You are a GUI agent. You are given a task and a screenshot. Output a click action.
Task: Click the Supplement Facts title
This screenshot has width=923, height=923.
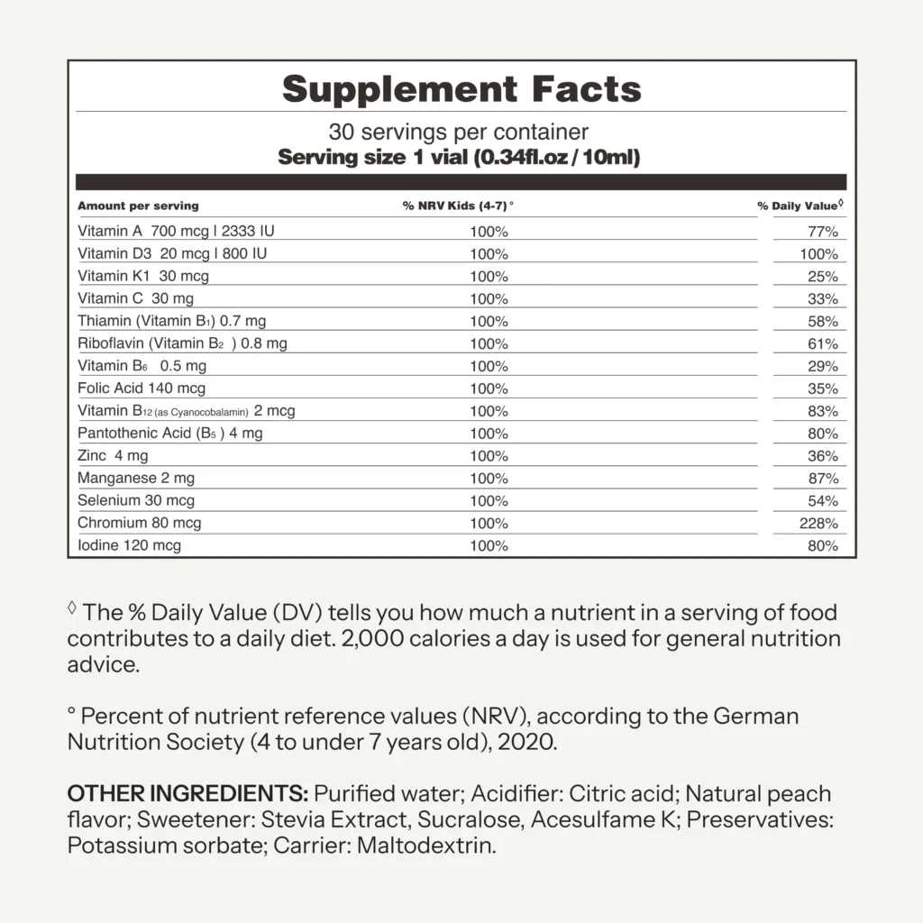461,89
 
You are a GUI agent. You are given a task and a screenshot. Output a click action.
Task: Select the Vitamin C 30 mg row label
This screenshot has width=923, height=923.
135,298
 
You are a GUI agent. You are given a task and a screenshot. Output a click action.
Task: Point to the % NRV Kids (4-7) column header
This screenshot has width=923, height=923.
458,206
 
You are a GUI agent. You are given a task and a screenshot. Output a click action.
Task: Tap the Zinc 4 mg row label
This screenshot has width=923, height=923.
113,456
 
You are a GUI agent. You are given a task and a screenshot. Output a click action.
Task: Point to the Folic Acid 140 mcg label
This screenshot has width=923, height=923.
142,388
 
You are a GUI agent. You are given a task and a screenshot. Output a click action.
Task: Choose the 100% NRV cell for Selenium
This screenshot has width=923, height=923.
489,501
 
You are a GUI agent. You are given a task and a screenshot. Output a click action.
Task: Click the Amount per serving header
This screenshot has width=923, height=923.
138,206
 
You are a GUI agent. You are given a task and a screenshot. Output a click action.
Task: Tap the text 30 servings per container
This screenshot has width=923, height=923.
459,132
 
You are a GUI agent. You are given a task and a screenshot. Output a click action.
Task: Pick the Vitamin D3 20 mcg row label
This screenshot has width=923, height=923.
172,253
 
